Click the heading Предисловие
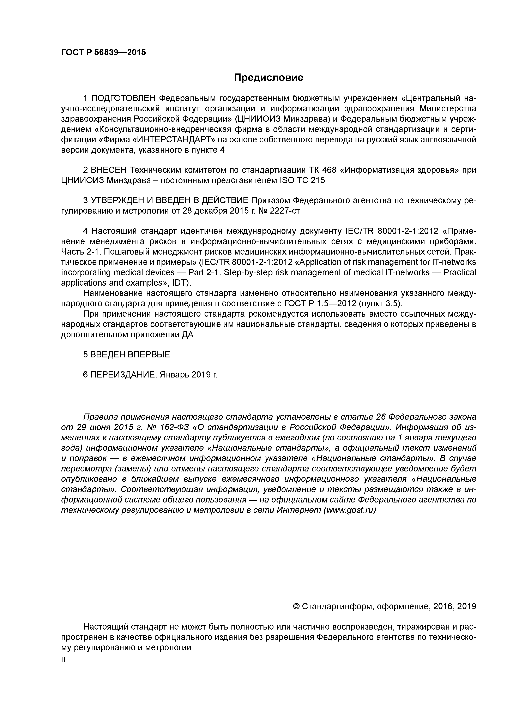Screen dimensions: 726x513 [x=268, y=77]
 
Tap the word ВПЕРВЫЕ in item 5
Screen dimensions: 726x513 [x=149, y=355]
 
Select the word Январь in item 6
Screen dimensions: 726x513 [x=174, y=375]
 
